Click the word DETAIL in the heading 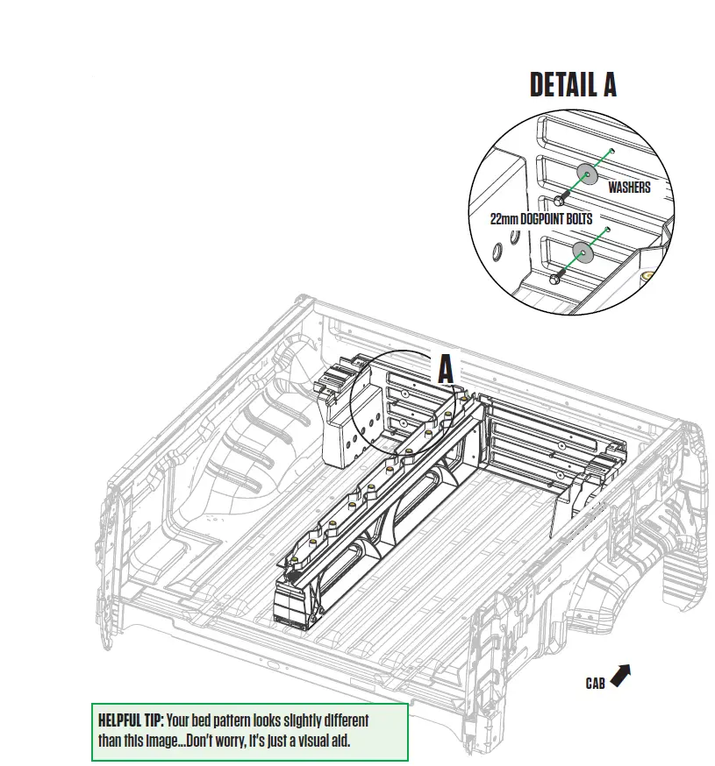coord(559,84)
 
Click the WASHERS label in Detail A coord(629,188)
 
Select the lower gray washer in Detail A coord(581,252)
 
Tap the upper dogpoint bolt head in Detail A coord(558,200)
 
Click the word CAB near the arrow coord(596,682)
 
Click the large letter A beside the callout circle coord(447,369)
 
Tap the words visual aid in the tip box coord(322,741)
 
